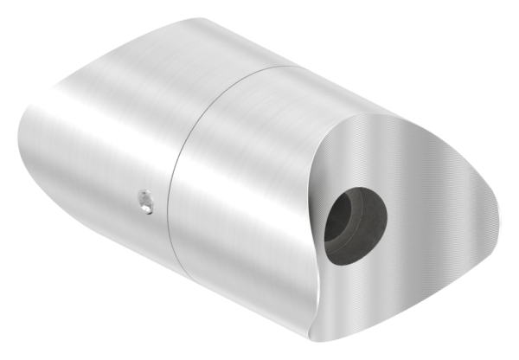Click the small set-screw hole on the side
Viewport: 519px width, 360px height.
[x=145, y=202]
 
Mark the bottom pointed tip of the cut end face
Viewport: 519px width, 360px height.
[x=309, y=338]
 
